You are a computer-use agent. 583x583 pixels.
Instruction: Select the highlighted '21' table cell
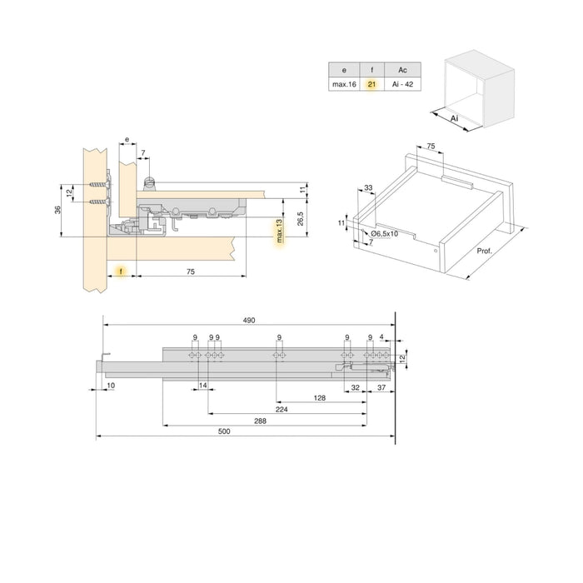coord(371,84)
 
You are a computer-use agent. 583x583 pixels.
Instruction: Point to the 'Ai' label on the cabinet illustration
coord(455,120)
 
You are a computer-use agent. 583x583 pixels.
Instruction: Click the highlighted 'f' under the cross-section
coord(122,272)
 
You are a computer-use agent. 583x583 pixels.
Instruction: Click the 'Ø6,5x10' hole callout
coord(384,234)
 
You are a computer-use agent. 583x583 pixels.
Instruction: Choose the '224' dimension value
coord(282,410)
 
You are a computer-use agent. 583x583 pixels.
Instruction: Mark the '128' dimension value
coord(319,399)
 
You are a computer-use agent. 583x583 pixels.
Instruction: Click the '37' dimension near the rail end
coord(381,387)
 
